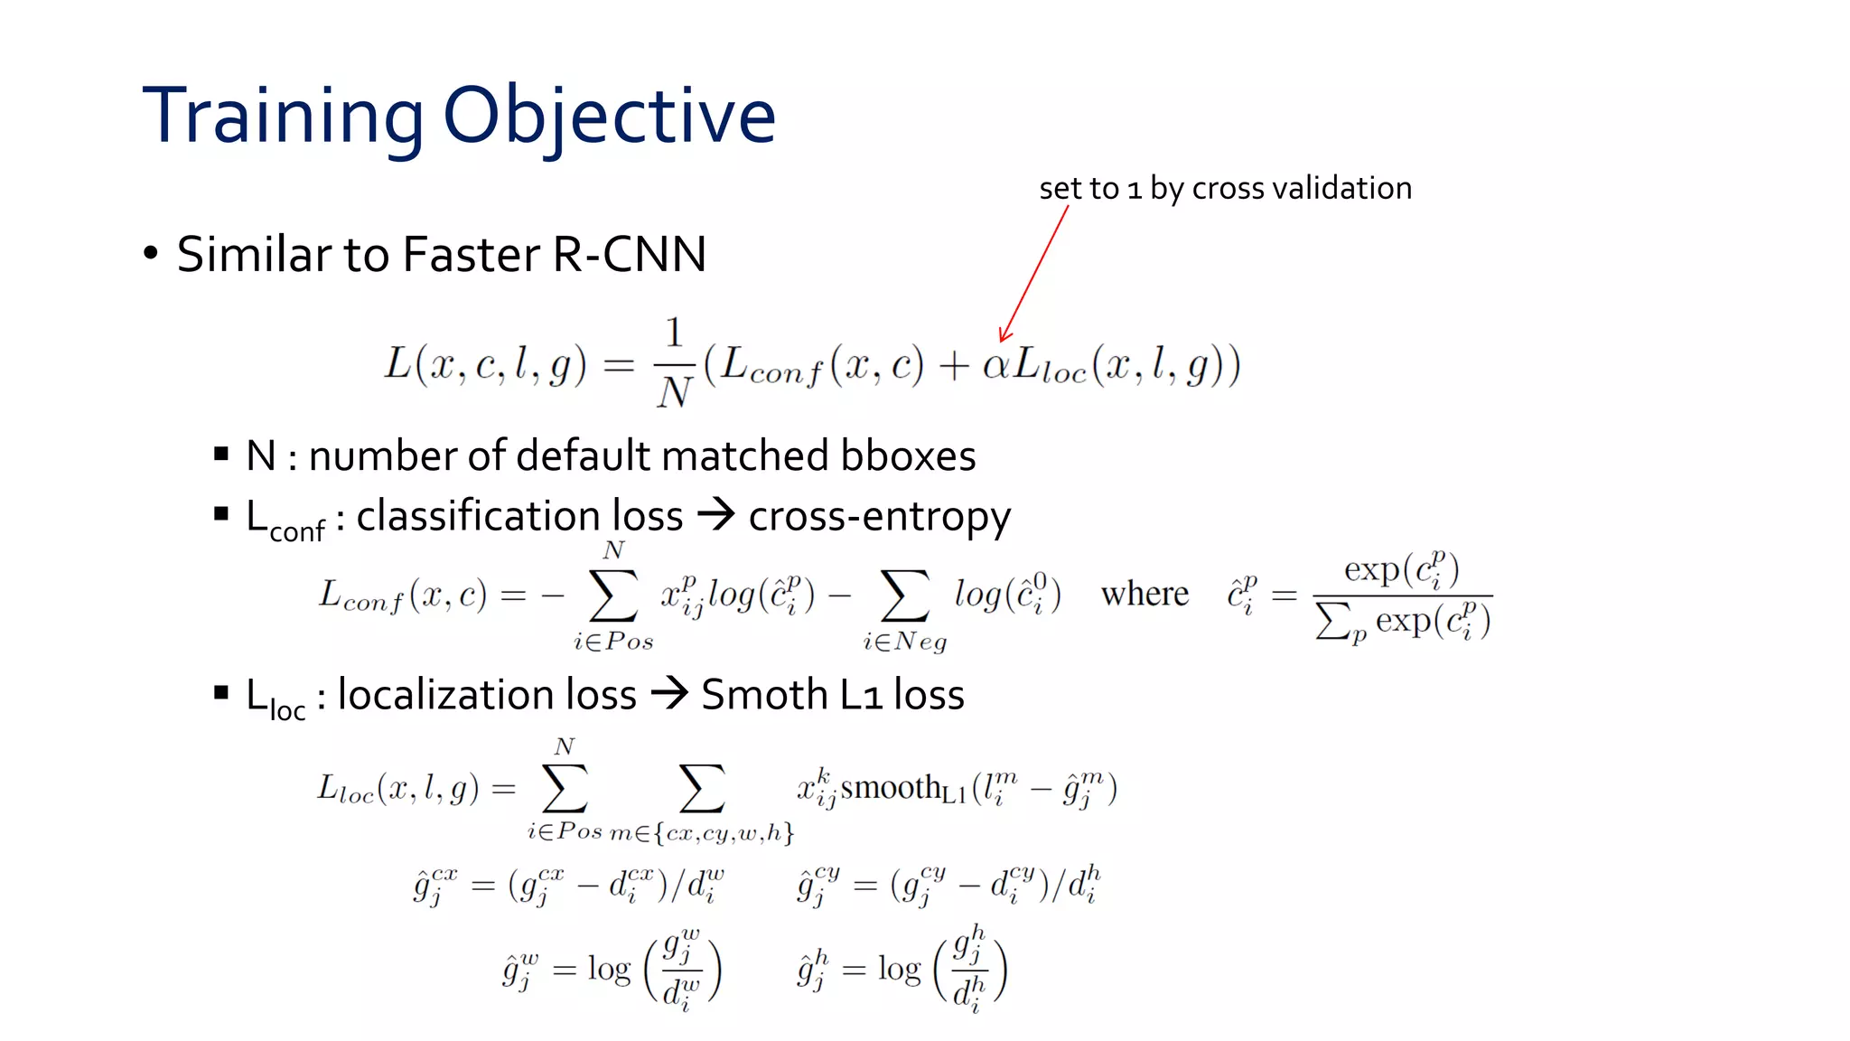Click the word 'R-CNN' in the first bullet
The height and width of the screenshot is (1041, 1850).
click(x=629, y=254)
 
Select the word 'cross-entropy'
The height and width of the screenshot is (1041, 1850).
click(x=879, y=517)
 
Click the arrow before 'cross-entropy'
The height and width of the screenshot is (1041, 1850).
click(x=716, y=515)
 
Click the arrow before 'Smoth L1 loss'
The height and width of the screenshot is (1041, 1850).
click(x=669, y=694)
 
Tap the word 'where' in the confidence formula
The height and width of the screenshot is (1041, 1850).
click(x=1145, y=595)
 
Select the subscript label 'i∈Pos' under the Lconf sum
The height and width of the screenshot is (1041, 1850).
click(x=613, y=642)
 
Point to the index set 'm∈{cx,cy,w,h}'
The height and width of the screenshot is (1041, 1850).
click(x=702, y=833)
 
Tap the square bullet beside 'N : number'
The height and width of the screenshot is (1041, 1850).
click(x=221, y=454)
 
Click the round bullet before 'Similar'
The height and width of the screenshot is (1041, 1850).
click(x=151, y=253)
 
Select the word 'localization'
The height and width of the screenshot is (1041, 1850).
click(x=487, y=695)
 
